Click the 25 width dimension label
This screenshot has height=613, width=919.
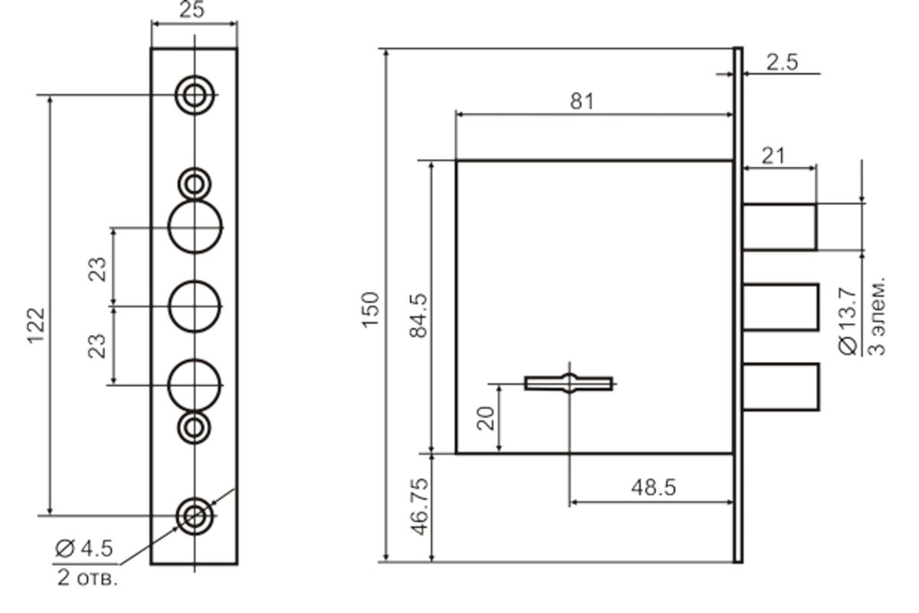pyautogui.click(x=191, y=10)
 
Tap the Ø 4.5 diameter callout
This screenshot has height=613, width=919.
pyautogui.click(x=83, y=549)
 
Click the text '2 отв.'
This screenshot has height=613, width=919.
pyautogui.click(x=87, y=578)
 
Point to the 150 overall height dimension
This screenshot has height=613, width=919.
pyautogui.click(x=371, y=310)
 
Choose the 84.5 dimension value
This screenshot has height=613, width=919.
pyautogui.click(x=419, y=316)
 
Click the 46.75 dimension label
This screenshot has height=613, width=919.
pyautogui.click(x=420, y=506)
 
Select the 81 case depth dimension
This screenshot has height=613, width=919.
pyautogui.click(x=582, y=101)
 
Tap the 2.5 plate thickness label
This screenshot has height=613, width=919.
pyautogui.click(x=782, y=62)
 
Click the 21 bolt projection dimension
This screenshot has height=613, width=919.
pyautogui.click(x=773, y=156)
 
